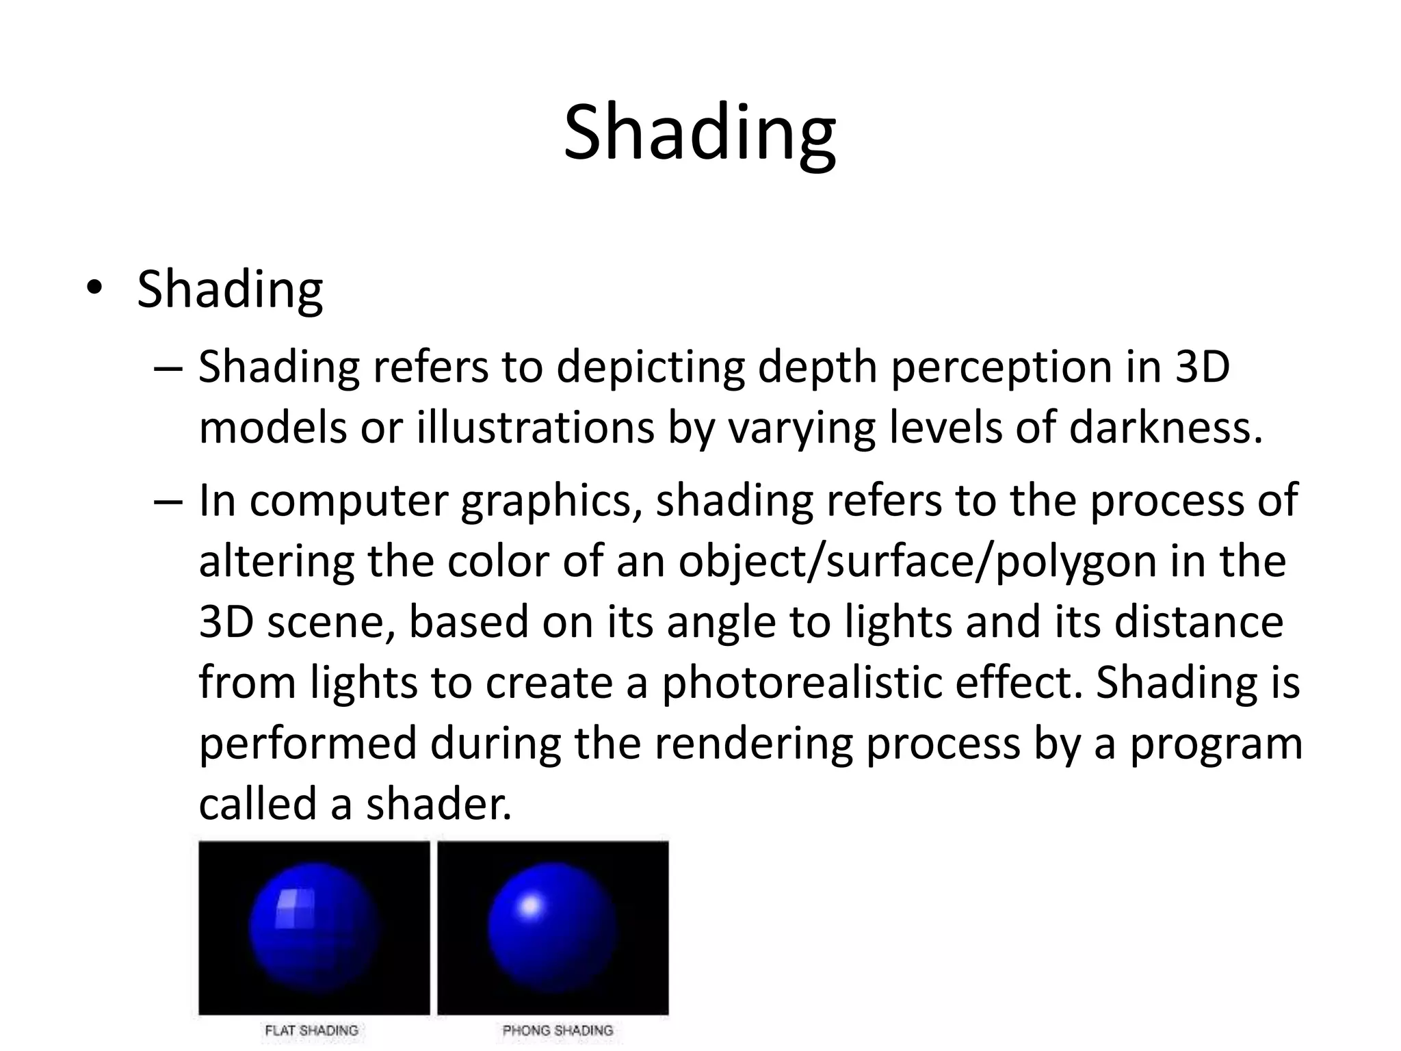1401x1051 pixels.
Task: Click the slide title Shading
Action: [699, 133]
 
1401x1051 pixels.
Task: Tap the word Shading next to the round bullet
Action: [230, 290]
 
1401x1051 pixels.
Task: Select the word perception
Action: [999, 367]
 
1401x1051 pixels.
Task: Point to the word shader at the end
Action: [438, 804]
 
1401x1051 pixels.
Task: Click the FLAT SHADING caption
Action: [312, 1030]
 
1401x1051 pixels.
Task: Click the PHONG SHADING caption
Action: [558, 1030]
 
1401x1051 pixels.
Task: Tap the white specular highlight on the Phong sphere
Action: [530, 907]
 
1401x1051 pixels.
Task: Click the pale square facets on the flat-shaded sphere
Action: [295, 908]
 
